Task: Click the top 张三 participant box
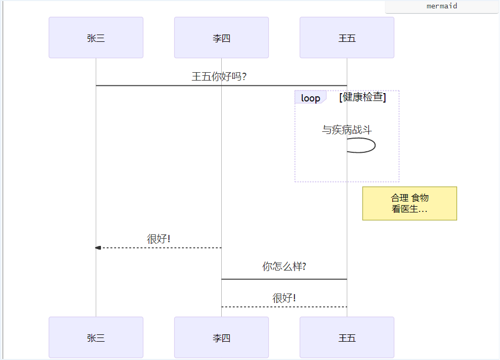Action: [96, 38]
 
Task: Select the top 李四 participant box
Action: [221, 38]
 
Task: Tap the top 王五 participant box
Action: [347, 38]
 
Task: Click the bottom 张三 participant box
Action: [96, 337]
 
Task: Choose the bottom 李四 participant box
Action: [221, 337]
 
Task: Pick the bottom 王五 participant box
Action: [347, 337]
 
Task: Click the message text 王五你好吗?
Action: [219, 77]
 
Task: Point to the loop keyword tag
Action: [310, 98]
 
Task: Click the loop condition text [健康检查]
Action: [362, 97]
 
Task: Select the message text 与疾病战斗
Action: [347, 130]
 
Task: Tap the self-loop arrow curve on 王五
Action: [374, 145]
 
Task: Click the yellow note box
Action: [410, 204]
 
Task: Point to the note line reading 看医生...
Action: [409, 209]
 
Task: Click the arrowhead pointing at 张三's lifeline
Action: [98, 248]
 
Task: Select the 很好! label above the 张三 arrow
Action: [158, 239]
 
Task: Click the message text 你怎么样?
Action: [284, 266]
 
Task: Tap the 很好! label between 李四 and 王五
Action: [284, 298]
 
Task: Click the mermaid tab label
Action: [442, 6]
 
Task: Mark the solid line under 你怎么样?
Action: [284, 279]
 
